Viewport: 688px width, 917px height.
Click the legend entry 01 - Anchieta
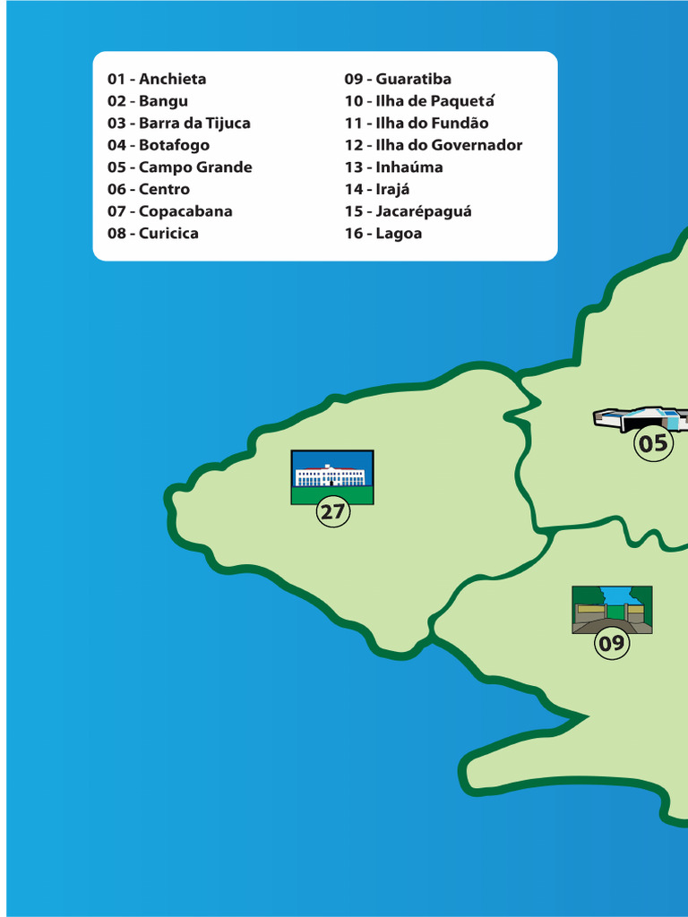pos(157,80)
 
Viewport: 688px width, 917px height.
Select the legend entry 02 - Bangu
pos(148,101)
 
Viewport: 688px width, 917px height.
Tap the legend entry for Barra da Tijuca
pos(179,124)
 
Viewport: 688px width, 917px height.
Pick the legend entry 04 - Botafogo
pos(159,145)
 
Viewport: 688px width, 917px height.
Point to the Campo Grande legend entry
pos(180,167)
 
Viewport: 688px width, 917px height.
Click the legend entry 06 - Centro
pos(149,189)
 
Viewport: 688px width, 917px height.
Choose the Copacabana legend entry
pos(170,211)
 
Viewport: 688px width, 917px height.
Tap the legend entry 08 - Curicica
pos(153,234)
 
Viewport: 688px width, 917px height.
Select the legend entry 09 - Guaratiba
pos(398,80)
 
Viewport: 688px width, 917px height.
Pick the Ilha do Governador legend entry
pos(434,145)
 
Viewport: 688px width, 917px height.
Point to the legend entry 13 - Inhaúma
pos(393,167)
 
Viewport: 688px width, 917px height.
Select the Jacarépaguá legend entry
pos(408,211)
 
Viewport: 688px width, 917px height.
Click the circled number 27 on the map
pos(332,513)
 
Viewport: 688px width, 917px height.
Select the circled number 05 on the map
pos(653,443)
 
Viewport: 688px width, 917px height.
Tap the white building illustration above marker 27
pos(332,476)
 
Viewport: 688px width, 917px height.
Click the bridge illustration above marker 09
pos(612,610)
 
